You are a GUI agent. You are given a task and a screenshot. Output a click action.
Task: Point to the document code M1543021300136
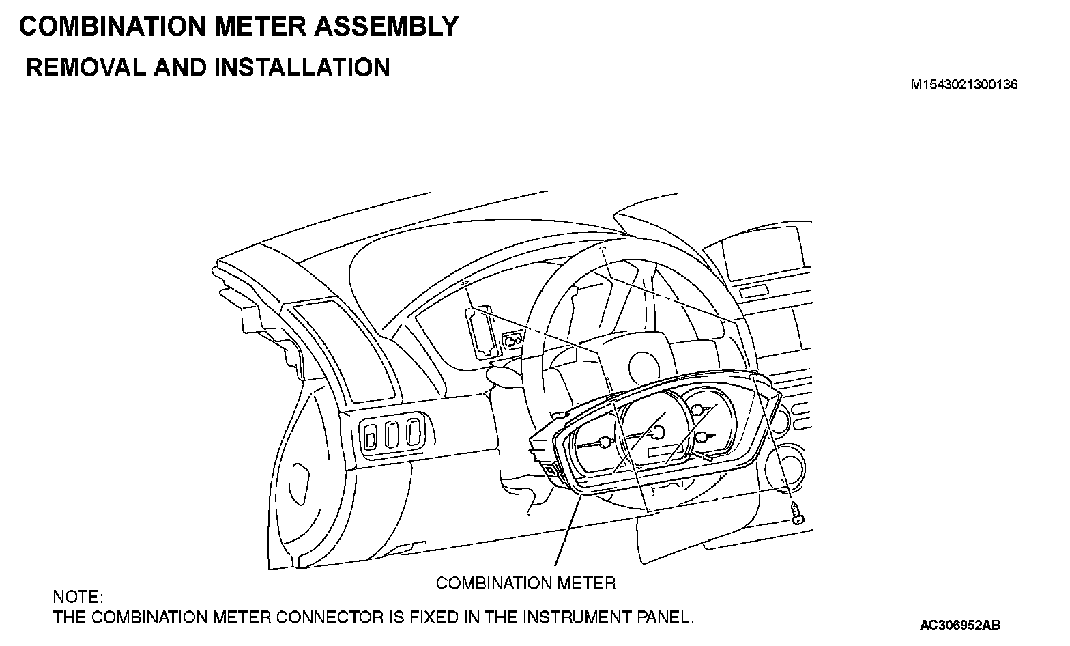coord(964,85)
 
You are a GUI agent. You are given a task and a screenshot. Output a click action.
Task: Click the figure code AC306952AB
coord(959,625)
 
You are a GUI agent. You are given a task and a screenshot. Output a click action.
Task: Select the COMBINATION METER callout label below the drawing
coord(525,583)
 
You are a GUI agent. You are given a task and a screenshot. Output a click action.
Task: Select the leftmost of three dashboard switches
coord(371,436)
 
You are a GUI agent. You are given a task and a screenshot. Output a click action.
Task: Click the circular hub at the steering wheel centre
coord(644,363)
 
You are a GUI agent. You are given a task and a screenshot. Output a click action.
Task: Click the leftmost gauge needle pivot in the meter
coord(603,441)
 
